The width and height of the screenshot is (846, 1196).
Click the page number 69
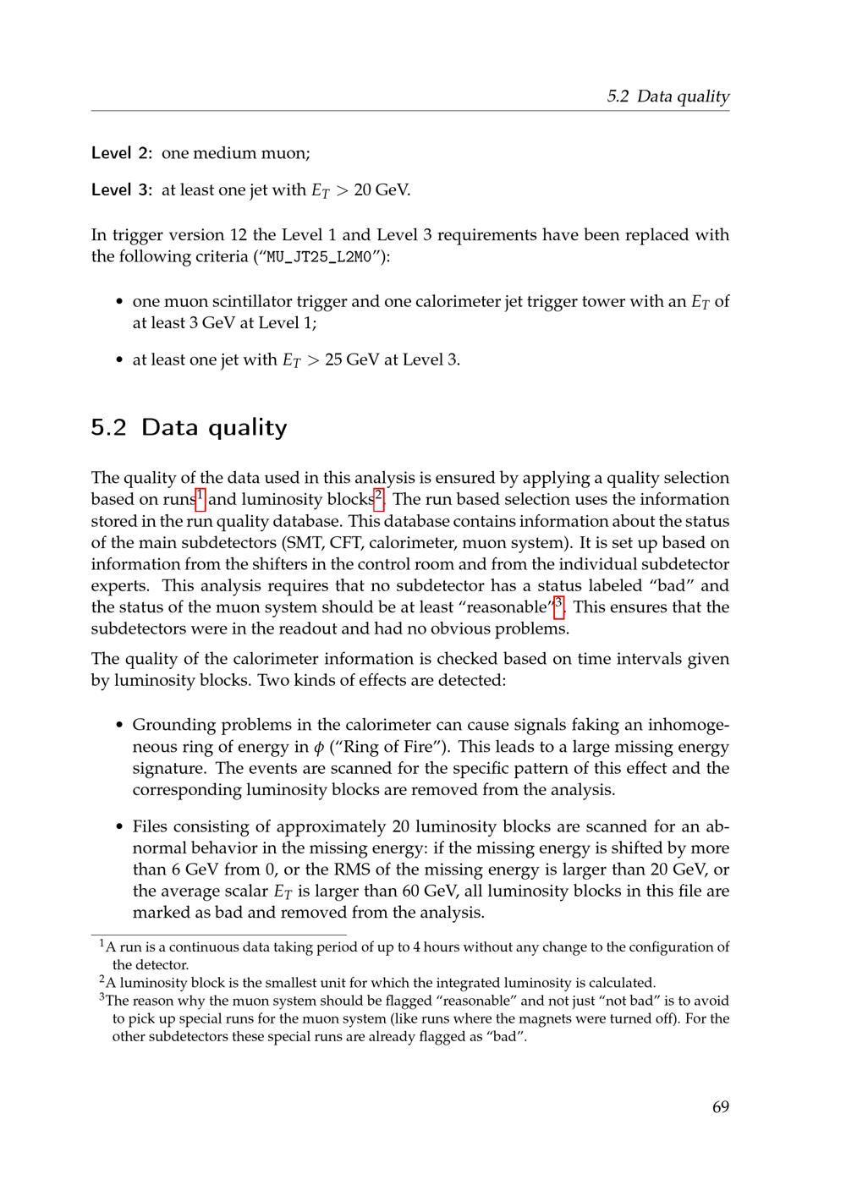coord(720,1107)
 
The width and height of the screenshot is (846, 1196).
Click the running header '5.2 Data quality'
coord(667,96)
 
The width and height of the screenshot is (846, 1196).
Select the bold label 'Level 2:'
coord(122,153)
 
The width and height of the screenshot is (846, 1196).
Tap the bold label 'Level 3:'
coord(122,189)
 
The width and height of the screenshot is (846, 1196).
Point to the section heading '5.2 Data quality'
coord(189,427)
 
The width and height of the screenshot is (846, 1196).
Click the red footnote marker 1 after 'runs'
coord(200,498)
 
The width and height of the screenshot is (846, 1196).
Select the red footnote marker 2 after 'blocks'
coord(380,498)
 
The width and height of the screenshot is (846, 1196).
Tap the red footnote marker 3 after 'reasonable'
coord(559,606)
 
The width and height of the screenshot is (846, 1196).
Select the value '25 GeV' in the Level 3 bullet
coord(352,359)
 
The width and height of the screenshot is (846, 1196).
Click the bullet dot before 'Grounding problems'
coord(119,726)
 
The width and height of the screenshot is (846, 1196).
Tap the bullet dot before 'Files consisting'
coord(119,827)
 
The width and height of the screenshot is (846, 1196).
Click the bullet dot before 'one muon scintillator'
coord(119,302)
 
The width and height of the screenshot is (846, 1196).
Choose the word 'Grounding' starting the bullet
coord(173,726)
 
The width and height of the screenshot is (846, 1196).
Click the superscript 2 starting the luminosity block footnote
coord(102,980)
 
